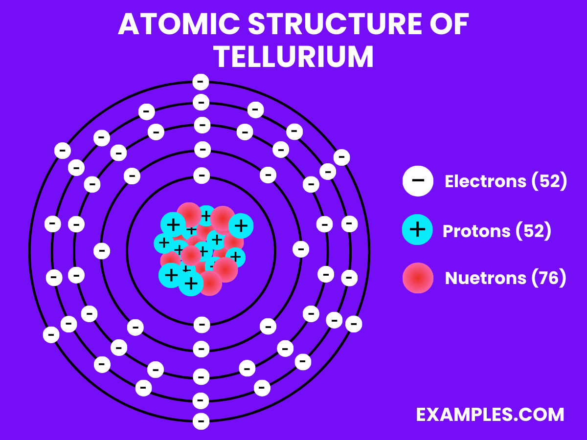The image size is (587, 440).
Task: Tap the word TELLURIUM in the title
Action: (x=293, y=57)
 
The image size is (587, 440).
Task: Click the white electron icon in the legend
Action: (x=418, y=180)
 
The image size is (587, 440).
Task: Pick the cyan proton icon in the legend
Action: (x=417, y=230)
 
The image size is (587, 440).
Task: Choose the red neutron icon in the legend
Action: (x=418, y=278)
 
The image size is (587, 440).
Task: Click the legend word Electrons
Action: (x=485, y=181)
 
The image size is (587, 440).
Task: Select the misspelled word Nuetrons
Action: (x=485, y=278)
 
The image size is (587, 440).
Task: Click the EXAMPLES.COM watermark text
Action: (x=490, y=415)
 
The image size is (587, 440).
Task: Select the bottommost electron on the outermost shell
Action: (x=201, y=421)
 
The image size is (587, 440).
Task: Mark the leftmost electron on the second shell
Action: (x=102, y=251)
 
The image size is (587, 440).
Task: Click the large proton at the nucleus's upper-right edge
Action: (x=240, y=225)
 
